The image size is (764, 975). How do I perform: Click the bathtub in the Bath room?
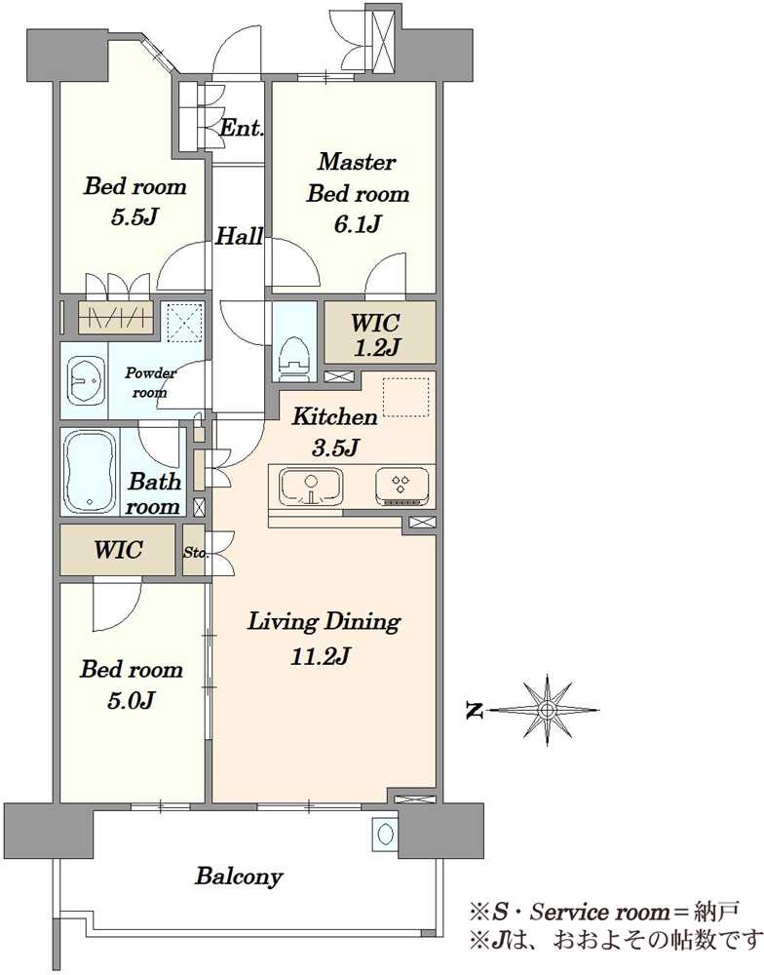click(x=91, y=471)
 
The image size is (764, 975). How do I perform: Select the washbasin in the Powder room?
click(x=85, y=380)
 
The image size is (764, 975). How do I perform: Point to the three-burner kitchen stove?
click(x=401, y=486)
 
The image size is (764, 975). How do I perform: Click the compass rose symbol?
click(x=547, y=710)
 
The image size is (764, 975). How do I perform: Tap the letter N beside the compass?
click(x=475, y=710)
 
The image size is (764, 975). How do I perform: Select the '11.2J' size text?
click(x=321, y=656)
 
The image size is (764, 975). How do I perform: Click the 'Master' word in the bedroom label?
click(x=357, y=162)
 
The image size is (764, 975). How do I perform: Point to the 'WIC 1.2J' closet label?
click(x=375, y=335)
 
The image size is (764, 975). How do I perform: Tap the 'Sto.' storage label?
click(x=195, y=552)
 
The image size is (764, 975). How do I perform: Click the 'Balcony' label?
click(x=240, y=877)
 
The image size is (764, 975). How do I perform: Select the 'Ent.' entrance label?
click(x=243, y=128)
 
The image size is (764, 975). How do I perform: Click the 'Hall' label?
click(x=240, y=236)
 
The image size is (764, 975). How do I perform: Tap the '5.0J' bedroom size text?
click(x=131, y=701)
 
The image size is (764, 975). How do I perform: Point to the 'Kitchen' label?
click(x=335, y=416)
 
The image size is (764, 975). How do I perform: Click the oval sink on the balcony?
click(x=383, y=833)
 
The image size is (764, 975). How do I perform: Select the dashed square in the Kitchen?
click(x=406, y=397)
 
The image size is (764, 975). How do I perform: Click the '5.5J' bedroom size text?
click(x=134, y=217)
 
